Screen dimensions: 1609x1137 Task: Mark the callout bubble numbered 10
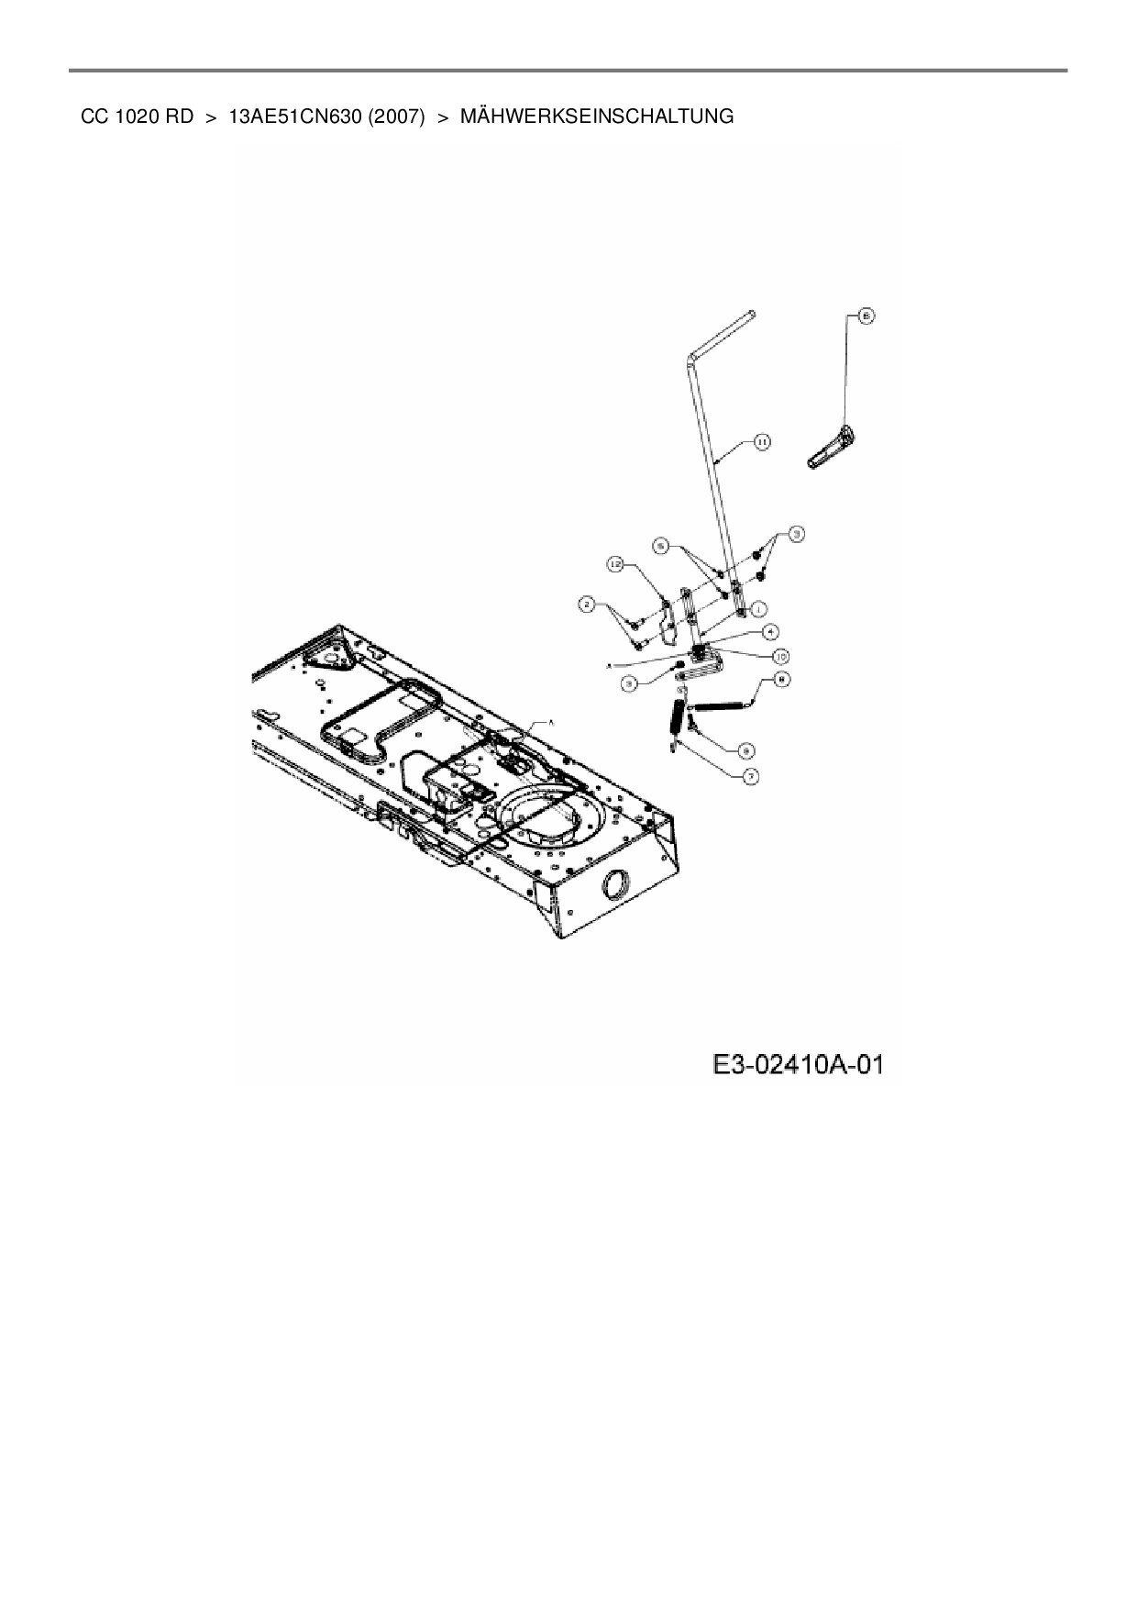781,655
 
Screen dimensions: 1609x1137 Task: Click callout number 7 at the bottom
751,776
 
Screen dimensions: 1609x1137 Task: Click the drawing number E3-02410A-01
798,1064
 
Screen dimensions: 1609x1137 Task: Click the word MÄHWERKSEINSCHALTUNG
596,117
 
